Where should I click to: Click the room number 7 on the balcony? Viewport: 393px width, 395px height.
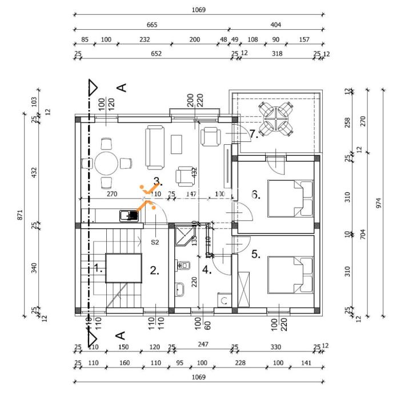coord(254,135)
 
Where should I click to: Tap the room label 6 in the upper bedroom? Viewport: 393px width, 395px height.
coord(256,195)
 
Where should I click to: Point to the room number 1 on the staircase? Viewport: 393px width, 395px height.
coord(98,268)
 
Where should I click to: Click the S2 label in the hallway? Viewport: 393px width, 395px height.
coord(155,242)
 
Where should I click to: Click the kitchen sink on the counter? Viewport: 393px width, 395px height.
coord(129,216)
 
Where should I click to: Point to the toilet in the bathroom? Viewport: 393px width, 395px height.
coord(185,264)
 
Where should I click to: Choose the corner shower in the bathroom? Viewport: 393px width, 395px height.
coord(182,235)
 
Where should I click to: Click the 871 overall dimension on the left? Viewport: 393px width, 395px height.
coord(20,215)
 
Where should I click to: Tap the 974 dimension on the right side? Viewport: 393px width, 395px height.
coord(378,203)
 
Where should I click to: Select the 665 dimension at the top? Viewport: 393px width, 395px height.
coord(151,25)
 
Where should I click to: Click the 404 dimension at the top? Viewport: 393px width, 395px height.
coord(276,25)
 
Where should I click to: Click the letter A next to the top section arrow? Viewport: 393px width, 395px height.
coord(121,88)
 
